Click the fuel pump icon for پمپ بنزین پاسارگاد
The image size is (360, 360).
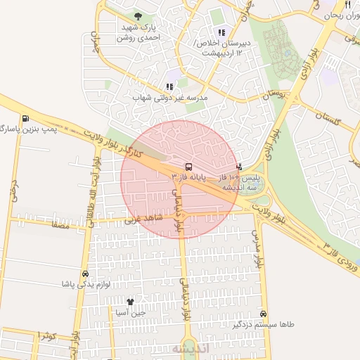pyautogui.click(x=26, y=120)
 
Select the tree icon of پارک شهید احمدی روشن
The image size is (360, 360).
pyautogui.click(x=137, y=16)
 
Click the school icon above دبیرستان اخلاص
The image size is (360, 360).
pyautogui.click(x=221, y=32)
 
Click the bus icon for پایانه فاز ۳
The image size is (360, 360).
pyautogui.click(x=188, y=167)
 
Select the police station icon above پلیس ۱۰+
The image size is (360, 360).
pyautogui.click(x=240, y=167)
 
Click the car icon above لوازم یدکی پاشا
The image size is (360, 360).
pyautogui.click(x=86, y=274)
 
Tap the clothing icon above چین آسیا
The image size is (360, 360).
pyautogui.click(x=130, y=301)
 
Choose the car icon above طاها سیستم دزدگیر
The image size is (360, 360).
pyautogui.click(x=264, y=314)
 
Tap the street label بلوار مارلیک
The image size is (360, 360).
pyautogui.click(x=259, y=250)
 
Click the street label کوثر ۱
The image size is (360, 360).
pyautogui.click(x=46, y=335)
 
